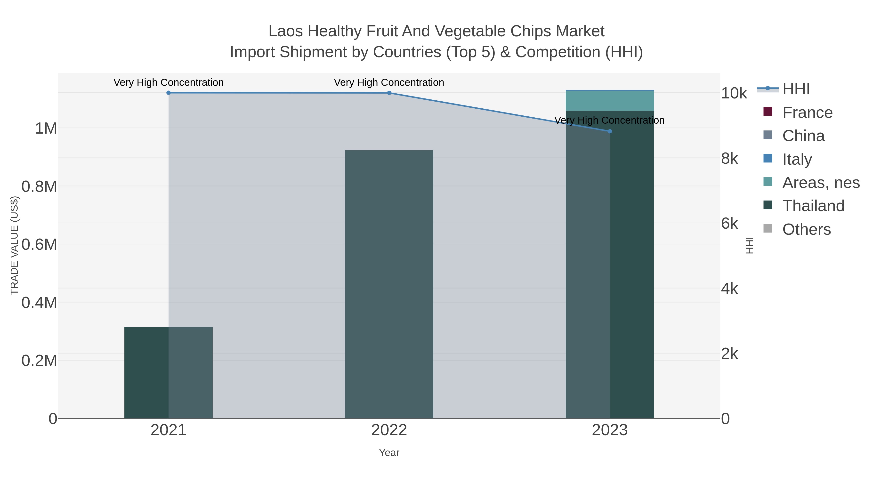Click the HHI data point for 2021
169,93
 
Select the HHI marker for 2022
389,93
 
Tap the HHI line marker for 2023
610,131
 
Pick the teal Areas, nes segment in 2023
610,101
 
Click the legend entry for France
807,113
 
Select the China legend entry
803,136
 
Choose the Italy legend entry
797,159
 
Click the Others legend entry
806,229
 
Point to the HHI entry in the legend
796,89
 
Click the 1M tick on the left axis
46,129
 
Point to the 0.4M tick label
39,302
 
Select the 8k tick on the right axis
729,158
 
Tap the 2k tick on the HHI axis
729,354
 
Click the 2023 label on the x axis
610,430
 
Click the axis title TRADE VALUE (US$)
14,245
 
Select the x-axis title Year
389,453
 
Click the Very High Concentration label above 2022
389,82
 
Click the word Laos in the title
286,31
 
